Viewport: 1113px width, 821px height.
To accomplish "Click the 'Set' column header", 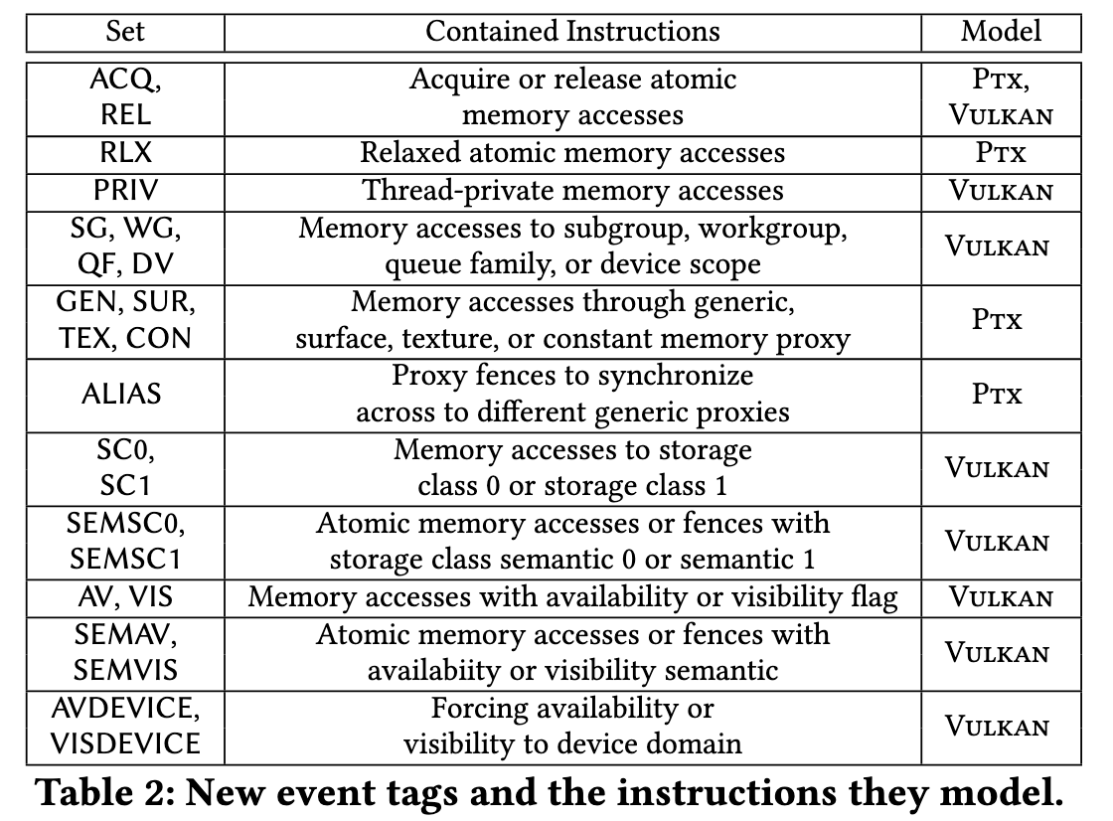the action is (125, 32).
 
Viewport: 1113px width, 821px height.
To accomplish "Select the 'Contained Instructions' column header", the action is (572, 32).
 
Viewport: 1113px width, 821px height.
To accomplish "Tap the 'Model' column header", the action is (1001, 32).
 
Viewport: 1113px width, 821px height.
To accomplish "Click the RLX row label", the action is (125, 153).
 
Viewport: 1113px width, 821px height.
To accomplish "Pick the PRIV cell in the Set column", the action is (125, 191).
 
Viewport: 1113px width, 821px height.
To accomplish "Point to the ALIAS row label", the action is (121, 395).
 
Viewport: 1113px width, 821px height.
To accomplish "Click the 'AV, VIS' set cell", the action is (125, 597).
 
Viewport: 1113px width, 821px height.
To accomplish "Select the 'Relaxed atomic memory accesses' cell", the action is (572, 153).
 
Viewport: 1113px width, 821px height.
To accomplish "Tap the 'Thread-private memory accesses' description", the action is (572, 191).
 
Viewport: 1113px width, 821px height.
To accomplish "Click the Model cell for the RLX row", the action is (1000, 153).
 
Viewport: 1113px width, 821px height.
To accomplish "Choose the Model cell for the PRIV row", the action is (1001, 191).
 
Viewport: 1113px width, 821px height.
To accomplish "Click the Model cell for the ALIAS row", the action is (997, 395).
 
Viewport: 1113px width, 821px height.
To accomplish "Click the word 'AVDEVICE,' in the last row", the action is (125, 708).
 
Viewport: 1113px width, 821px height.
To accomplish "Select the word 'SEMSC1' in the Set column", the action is (125, 560).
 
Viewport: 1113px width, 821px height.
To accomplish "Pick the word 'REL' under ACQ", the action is (125, 115).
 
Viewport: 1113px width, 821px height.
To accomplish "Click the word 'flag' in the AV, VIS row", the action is (874, 598).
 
